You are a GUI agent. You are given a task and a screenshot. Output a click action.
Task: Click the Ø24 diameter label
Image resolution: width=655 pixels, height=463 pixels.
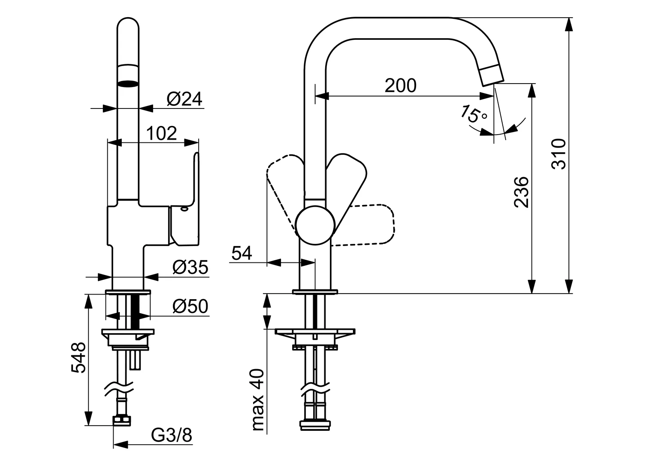pyautogui.click(x=184, y=99)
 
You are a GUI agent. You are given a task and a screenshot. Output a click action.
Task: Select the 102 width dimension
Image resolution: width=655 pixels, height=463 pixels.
pyautogui.click(x=162, y=134)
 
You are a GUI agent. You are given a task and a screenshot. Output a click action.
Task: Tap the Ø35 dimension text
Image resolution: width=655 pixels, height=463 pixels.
pyautogui.click(x=190, y=268)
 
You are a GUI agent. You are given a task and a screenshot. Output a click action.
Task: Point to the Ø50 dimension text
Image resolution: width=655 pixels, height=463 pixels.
pyautogui.click(x=190, y=307)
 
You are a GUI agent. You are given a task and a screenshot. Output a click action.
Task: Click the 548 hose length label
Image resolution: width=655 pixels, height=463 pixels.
pyautogui.click(x=78, y=358)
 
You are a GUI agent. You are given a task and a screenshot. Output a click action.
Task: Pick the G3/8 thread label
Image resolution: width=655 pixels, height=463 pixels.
pyautogui.click(x=172, y=436)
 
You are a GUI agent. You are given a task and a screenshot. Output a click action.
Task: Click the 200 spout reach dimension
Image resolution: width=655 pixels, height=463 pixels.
pyautogui.click(x=400, y=86)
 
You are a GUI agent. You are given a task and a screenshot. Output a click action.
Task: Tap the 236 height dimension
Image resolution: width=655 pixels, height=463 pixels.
pyautogui.click(x=522, y=192)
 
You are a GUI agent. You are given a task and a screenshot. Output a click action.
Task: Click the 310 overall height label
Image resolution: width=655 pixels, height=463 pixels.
pyautogui.click(x=559, y=154)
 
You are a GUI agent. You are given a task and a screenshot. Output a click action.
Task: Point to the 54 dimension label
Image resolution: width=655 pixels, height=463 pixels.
pyautogui.click(x=241, y=254)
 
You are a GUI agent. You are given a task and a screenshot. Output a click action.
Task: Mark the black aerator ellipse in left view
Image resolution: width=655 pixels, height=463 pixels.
pyautogui.click(x=128, y=84)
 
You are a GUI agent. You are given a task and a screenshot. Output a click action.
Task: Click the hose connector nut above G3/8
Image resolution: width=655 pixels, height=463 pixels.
pyautogui.click(x=122, y=420)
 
